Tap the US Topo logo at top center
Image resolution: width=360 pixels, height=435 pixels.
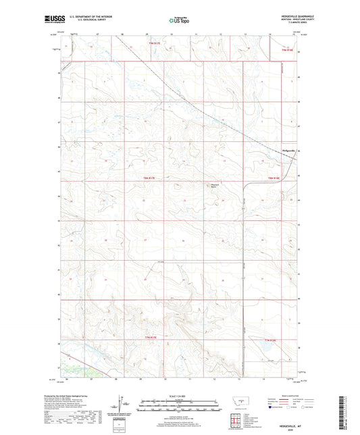[179, 20]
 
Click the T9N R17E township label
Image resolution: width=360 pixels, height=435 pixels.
[156, 43]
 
